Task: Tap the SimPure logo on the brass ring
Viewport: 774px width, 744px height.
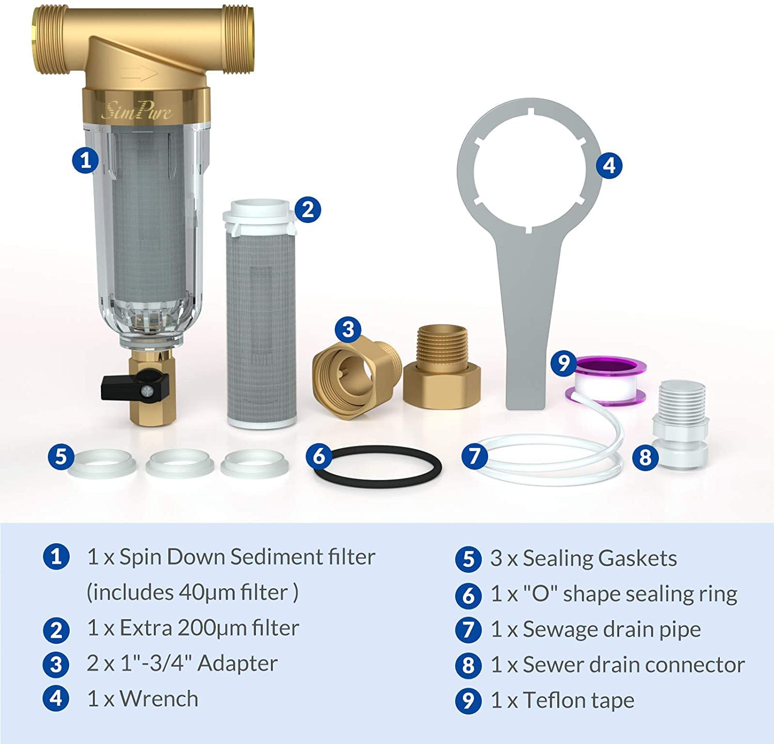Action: [x=137, y=110]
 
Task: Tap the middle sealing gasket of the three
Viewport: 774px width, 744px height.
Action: [x=180, y=463]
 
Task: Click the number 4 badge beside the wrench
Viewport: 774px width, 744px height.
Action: [x=609, y=165]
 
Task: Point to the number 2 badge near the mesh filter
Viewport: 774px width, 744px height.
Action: [x=308, y=209]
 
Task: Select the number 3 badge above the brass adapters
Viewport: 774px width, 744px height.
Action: [x=348, y=329]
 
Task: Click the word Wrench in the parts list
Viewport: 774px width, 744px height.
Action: [x=159, y=699]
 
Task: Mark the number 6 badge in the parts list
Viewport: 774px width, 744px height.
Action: [x=468, y=595]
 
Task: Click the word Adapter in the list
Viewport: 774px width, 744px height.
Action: [x=237, y=664]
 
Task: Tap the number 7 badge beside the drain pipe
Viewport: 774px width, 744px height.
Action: [x=474, y=456]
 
